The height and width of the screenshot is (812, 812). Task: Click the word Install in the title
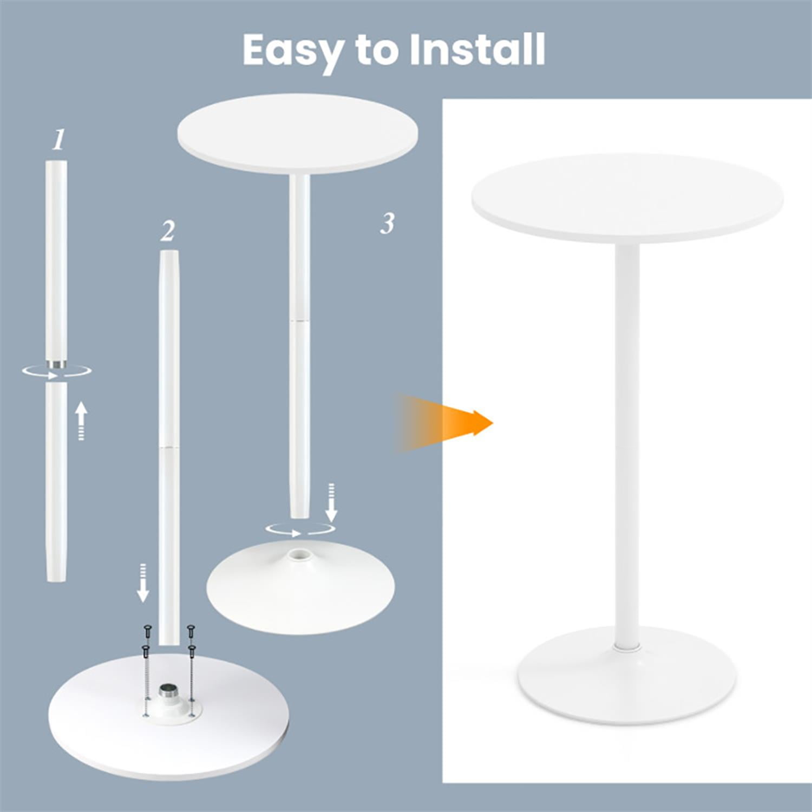(x=477, y=49)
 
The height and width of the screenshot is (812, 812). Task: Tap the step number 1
(x=58, y=140)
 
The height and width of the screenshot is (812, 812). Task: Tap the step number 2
(x=168, y=231)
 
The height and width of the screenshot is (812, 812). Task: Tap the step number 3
(x=387, y=223)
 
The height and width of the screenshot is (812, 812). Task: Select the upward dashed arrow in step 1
(x=81, y=420)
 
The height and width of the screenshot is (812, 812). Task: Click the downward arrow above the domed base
(x=332, y=502)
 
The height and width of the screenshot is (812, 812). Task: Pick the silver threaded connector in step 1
(x=56, y=363)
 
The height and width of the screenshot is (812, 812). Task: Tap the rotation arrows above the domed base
(x=300, y=529)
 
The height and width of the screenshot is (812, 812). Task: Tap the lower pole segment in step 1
(x=56, y=482)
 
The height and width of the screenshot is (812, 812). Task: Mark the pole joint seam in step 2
(x=169, y=447)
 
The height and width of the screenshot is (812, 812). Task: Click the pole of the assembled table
(x=627, y=444)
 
